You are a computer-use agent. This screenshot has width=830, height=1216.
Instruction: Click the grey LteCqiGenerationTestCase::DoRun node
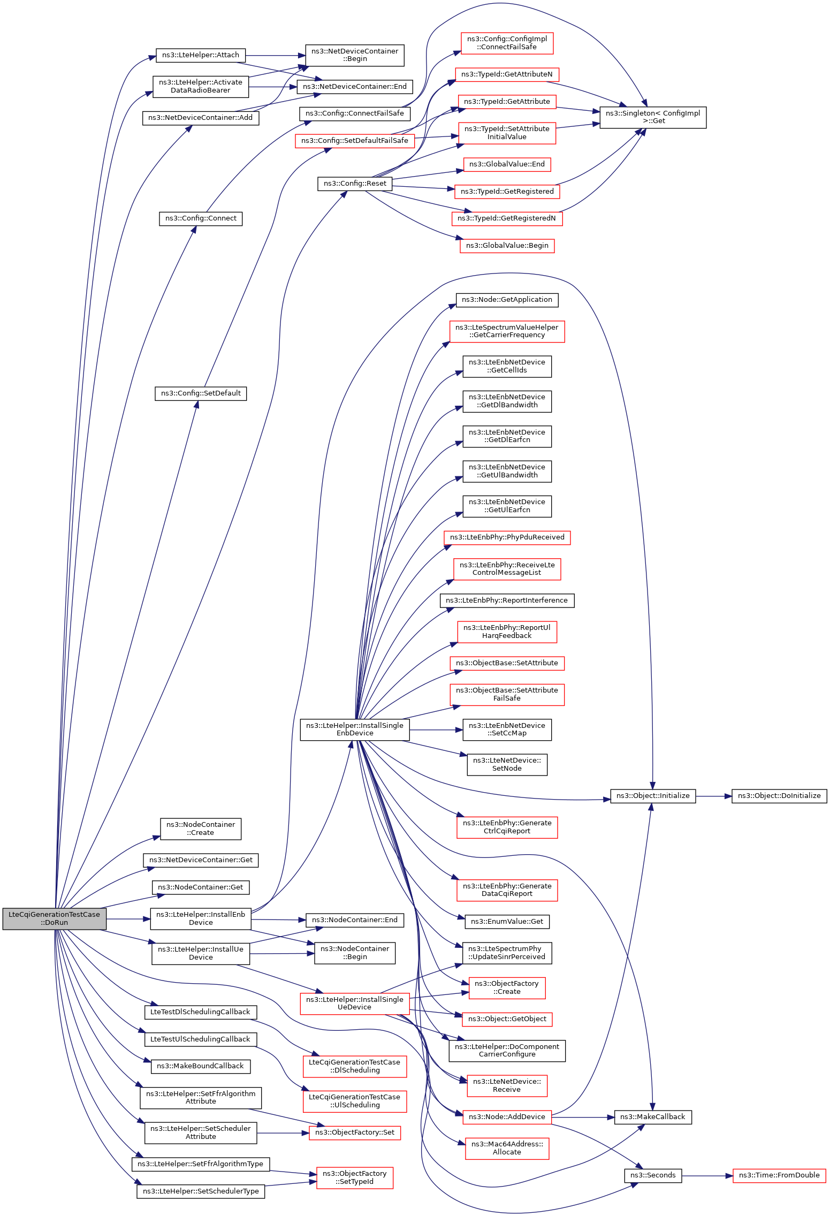(x=54, y=918)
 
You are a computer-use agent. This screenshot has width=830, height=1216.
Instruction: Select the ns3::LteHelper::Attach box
(x=201, y=55)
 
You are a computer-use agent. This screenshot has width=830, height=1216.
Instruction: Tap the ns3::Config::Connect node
(x=201, y=218)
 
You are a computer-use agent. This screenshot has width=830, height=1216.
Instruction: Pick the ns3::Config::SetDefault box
(x=201, y=393)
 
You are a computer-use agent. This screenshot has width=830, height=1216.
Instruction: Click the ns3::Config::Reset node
(x=354, y=184)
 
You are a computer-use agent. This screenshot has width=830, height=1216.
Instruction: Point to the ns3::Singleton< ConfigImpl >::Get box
(x=653, y=117)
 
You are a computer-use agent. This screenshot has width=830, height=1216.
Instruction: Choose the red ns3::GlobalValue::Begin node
(x=507, y=246)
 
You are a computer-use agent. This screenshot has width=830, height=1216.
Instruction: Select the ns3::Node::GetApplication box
(x=507, y=300)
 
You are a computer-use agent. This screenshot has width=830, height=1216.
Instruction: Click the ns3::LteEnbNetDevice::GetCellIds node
(x=507, y=367)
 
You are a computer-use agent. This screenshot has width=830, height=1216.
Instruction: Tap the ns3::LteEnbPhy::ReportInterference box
(x=507, y=601)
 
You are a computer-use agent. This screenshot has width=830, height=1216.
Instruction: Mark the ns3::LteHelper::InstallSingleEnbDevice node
(x=354, y=729)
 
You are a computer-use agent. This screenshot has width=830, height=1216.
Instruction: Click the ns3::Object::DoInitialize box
(x=779, y=796)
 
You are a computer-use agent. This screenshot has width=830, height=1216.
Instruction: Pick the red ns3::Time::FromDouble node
(x=779, y=1175)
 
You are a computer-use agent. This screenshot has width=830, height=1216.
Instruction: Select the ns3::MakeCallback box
(x=653, y=1117)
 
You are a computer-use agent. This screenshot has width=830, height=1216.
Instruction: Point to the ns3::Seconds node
(x=653, y=1175)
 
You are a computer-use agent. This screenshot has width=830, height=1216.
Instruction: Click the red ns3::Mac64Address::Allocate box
(x=507, y=1149)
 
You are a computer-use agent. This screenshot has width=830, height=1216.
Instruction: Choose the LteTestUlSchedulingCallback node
(x=201, y=1039)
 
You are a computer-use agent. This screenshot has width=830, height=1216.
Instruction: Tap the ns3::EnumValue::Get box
(x=507, y=922)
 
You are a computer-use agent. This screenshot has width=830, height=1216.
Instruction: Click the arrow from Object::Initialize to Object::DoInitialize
(x=714, y=796)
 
